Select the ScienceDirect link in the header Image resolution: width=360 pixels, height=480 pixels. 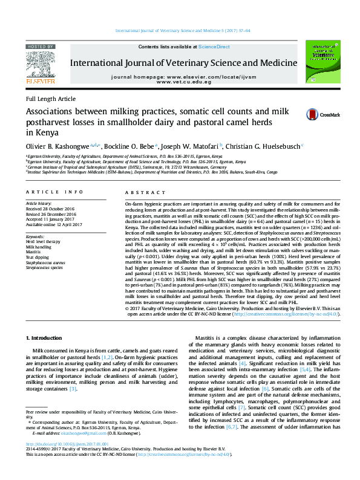[x=214, y=47]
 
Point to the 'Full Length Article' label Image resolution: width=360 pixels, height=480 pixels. [x=50, y=99]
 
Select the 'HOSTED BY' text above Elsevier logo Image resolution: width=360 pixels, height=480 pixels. [x=41, y=47]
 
